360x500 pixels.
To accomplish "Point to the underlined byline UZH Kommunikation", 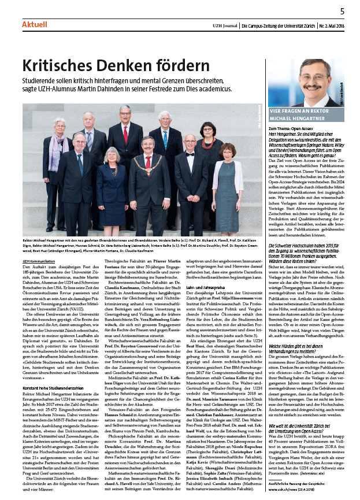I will click(39, 261).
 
